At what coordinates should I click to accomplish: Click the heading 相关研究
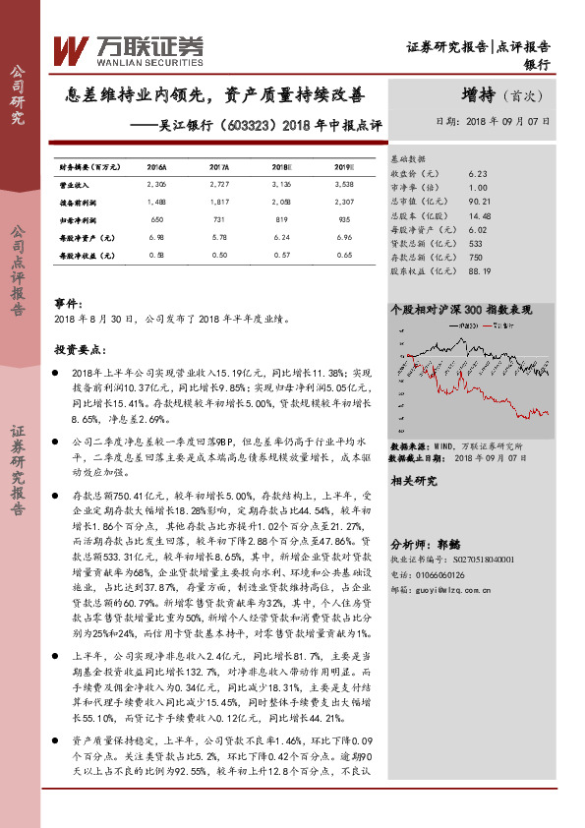pos(413,481)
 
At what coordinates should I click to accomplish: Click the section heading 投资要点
pos(80,349)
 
